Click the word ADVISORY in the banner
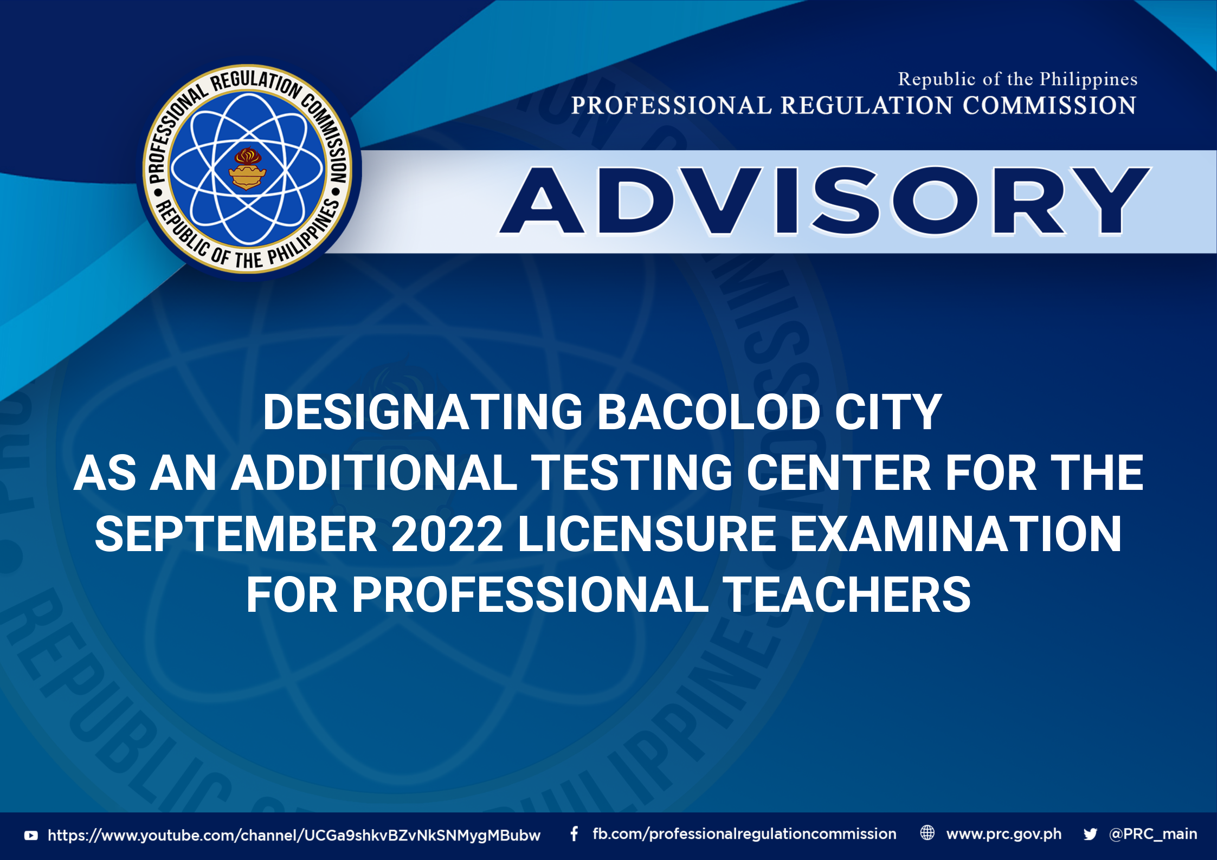825,201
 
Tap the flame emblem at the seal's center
247,169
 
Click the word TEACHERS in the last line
847,595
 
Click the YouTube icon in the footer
31,836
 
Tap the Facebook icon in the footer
574,834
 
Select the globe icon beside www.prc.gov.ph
928,833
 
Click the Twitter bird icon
1090,834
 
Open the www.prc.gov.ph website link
1004,835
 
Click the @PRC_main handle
1153,834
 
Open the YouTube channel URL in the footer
294,835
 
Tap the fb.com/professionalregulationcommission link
744,834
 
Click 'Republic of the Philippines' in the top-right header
1018,80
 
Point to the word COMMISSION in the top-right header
1049,105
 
